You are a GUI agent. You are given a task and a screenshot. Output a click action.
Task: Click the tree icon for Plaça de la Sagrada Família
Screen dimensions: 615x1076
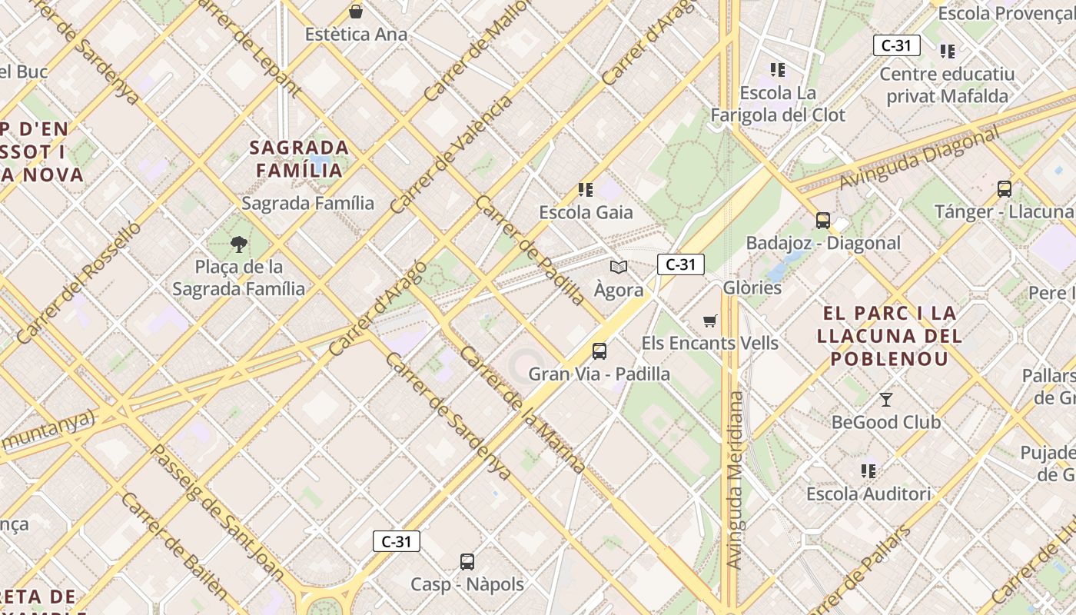pos(239,244)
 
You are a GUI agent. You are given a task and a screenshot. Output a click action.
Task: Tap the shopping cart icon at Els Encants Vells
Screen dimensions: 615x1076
pos(710,321)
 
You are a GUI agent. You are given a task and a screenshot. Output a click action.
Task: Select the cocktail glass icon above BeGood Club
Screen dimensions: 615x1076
pos(886,399)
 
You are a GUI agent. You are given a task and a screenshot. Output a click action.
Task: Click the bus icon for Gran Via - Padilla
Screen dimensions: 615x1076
pos(599,351)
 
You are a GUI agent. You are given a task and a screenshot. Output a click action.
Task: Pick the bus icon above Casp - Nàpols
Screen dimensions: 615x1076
pos(467,562)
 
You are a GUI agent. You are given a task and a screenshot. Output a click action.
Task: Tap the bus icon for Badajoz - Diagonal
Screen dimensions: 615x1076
pos(823,221)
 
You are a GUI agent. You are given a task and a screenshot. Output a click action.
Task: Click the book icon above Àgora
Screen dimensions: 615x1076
pos(619,268)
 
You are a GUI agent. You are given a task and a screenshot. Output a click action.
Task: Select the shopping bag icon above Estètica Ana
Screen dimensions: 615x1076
pos(356,12)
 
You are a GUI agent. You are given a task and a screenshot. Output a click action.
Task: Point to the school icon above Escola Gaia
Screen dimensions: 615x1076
pos(586,190)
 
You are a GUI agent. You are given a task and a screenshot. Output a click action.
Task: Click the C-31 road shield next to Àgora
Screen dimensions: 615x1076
pos(680,264)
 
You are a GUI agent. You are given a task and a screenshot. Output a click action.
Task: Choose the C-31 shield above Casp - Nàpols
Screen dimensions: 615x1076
pos(397,541)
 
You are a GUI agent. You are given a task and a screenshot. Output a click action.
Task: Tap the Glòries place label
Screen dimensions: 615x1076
pos(752,288)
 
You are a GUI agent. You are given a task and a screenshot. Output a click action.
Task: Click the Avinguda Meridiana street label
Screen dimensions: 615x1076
pos(736,480)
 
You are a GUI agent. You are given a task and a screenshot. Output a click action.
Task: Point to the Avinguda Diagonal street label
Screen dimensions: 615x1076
pos(919,158)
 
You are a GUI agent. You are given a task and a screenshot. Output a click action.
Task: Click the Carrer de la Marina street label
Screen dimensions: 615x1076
pos(523,410)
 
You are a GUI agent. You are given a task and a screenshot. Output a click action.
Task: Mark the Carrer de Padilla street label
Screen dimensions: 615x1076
pos(530,250)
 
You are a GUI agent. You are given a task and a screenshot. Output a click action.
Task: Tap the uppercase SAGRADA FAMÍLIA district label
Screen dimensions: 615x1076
pos(299,158)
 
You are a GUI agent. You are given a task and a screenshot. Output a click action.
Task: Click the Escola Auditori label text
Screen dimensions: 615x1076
pos(868,494)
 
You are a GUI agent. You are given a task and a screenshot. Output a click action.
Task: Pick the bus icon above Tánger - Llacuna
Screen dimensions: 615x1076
pos(1004,189)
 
